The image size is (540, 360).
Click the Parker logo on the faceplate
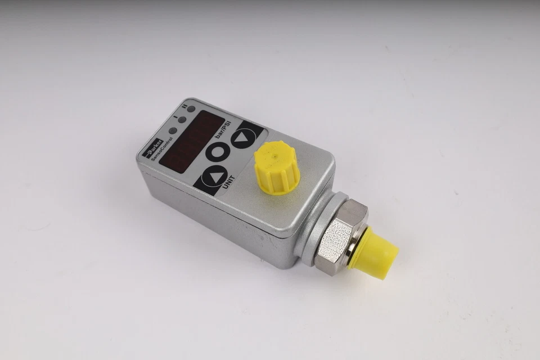click(156, 144)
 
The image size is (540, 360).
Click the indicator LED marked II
click(192, 109)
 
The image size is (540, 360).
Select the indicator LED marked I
click(182, 119)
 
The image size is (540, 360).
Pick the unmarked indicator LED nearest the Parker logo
click(172, 130)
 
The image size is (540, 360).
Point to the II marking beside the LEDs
click(184, 105)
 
